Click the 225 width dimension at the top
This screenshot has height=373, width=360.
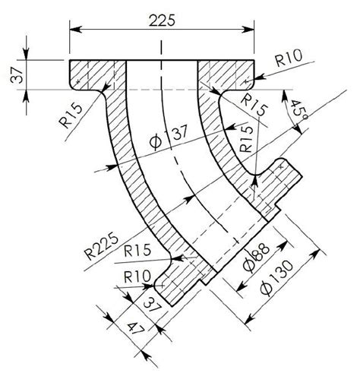pyautogui.click(x=161, y=20)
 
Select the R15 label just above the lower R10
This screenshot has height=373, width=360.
pyautogui.click(x=137, y=249)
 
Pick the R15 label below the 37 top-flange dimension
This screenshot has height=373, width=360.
pyautogui.click(x=69, y=117)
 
